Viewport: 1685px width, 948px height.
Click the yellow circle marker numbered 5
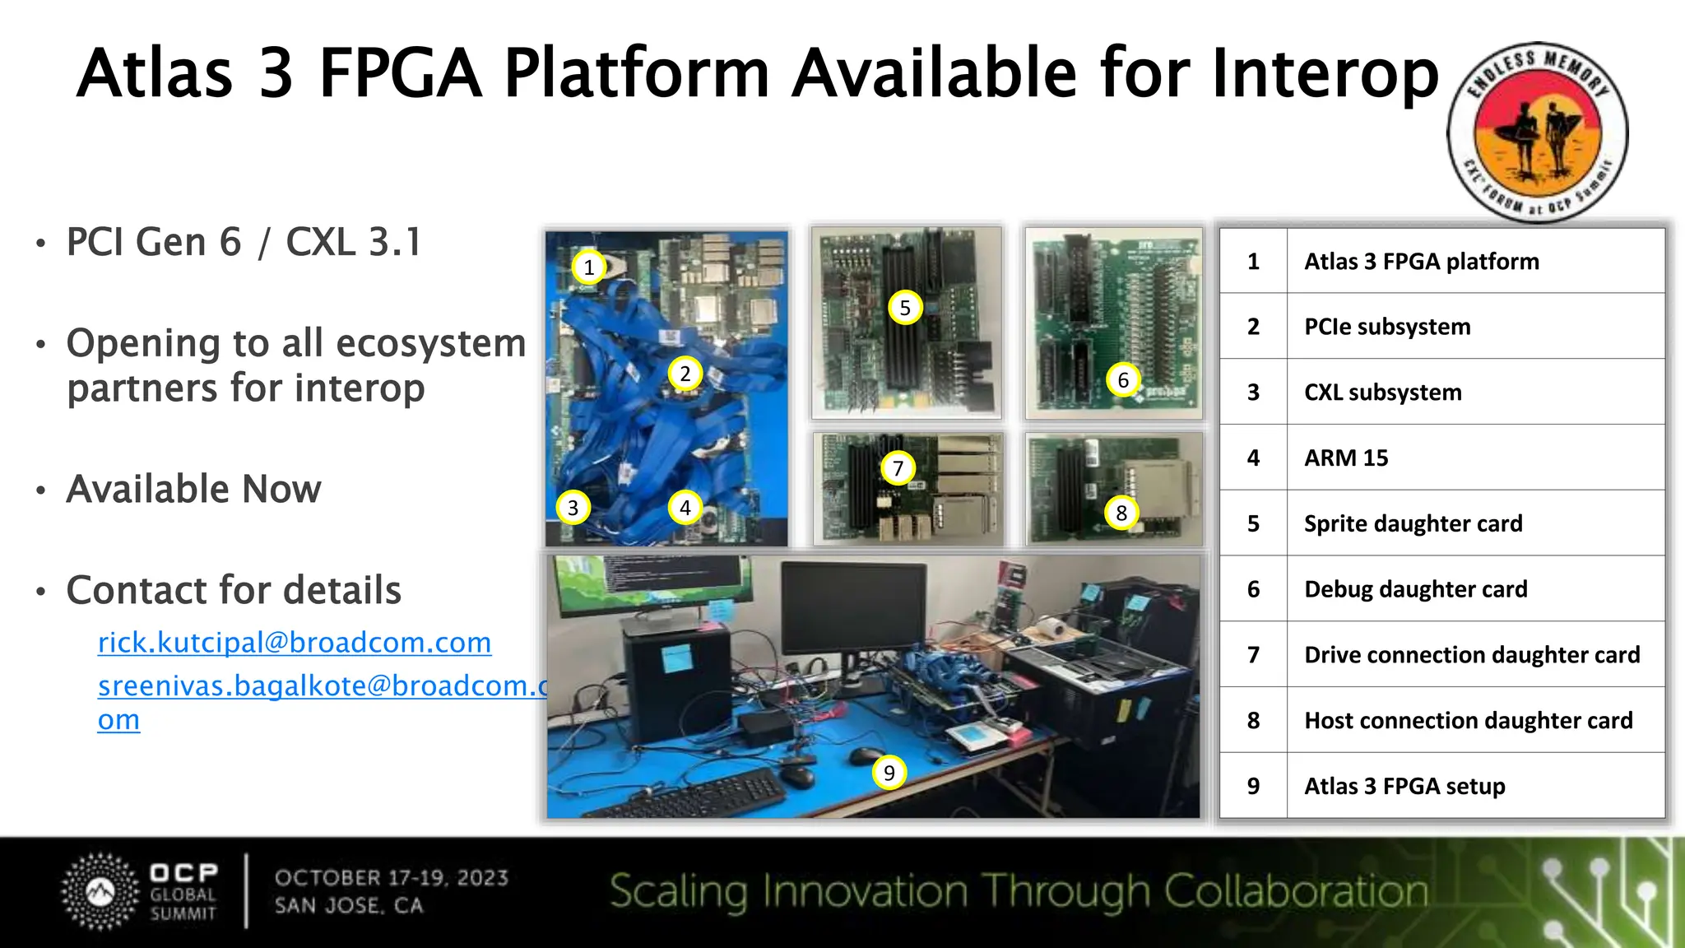905,308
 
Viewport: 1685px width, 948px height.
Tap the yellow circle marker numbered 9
889,773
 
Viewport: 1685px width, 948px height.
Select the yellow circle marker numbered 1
588,267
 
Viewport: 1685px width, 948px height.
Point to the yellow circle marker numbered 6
1123,380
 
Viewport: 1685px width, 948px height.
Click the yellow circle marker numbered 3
573,508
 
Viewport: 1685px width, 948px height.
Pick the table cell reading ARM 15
1346,458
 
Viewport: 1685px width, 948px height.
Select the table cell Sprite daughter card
1413,523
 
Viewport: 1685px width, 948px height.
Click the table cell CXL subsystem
1382,392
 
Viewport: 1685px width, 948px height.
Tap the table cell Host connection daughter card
1468,720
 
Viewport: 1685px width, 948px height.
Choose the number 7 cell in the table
1253,654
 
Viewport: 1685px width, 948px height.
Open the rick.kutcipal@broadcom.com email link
295,643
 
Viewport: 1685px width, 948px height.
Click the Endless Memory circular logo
1537,132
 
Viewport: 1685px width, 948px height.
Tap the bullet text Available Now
193,489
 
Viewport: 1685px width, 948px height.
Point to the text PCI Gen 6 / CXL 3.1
244,242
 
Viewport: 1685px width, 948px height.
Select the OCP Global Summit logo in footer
140,892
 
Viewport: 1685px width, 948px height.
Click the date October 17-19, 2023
392,878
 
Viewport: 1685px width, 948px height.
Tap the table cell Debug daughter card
1415,589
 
